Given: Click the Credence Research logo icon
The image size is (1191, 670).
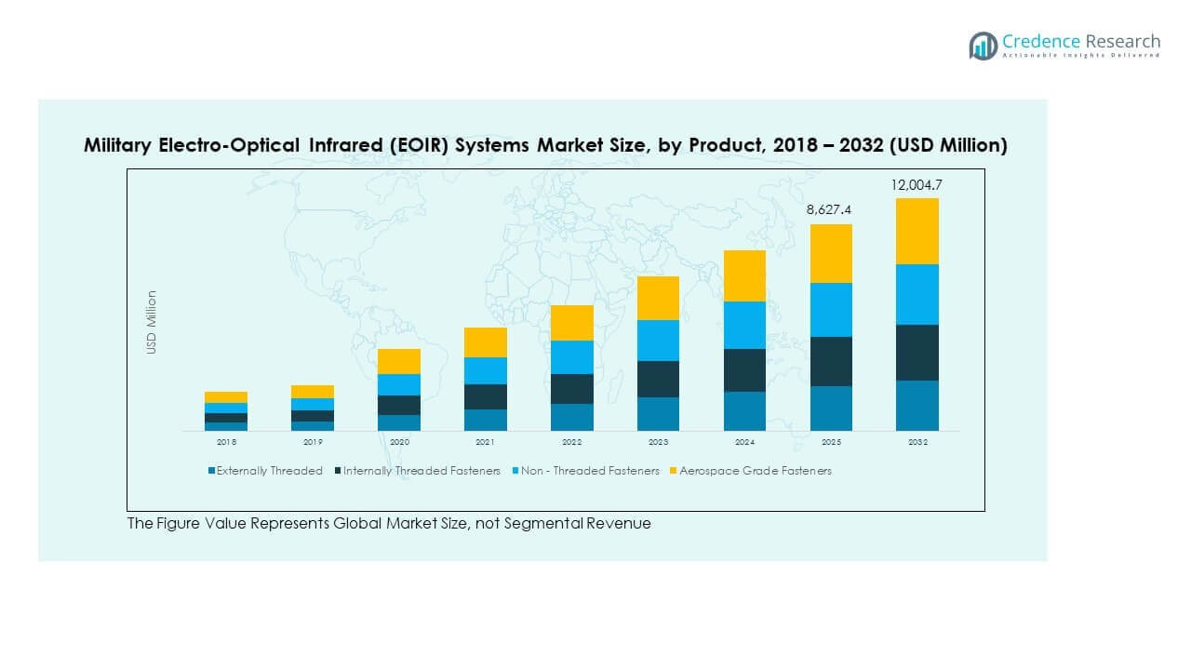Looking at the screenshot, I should click(983, 46).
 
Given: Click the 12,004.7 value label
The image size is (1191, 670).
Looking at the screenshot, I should click(917, 185).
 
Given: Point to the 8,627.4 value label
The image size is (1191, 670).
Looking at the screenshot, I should click(830, 211).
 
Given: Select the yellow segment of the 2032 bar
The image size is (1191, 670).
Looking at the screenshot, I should click(917, 231).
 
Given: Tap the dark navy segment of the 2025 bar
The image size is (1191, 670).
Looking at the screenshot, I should click(830, 361).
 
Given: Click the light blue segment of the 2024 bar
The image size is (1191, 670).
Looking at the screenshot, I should click(744, 325).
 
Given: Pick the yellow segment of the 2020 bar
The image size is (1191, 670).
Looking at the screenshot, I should click(398, 361).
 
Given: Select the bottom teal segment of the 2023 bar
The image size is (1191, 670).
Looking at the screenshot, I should click(658, 414).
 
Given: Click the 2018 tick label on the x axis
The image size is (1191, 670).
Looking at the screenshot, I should click(226, 443).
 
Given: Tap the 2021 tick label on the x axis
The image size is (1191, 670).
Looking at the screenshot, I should click(485, 443).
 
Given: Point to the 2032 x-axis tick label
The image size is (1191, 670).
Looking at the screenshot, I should click(917, 443).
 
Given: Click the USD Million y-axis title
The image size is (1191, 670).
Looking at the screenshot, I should click(151, 322).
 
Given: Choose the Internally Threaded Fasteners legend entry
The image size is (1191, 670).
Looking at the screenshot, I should click(422, 471).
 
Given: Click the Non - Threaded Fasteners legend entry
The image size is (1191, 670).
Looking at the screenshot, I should click(590, 471).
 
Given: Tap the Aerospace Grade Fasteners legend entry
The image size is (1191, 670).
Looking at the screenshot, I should click(755, 471).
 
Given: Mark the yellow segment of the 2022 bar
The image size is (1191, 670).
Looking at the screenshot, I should click(571, 323).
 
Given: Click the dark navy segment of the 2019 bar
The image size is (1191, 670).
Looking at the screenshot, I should click(312, 416).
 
